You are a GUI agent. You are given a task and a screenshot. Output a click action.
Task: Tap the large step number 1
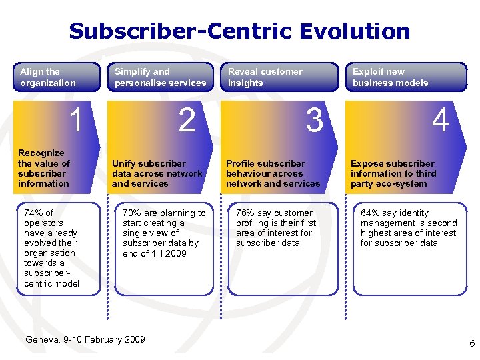pyautogui.click(x=77, y=121)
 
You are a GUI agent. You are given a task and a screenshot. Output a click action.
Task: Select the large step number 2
pyautogui.click(x=187, y=121)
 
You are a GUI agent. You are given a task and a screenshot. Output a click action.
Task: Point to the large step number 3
pyautogui.click(x=314, y=121)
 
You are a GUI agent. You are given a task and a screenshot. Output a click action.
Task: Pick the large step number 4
pyautogui.click(x=440, y=121)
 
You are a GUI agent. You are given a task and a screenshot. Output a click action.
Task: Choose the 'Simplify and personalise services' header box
pyautogui.click(x=160, y=77)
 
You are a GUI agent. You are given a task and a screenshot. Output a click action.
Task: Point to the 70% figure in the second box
pyautogui.click(x=132, y=213)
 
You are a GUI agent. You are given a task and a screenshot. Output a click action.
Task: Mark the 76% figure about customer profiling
pyautogui.click(x=245, y=213)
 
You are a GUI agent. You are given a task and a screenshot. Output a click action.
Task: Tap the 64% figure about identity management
pyautogui.click(x=370, y=213)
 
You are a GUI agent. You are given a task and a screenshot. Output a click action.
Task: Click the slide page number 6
pyautogui.click(x=472, y=344)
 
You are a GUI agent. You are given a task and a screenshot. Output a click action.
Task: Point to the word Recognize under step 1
pyautogui.click(x=41, y=153)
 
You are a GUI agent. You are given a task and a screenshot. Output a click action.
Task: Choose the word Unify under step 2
pyautogui.click(x=124, y=163)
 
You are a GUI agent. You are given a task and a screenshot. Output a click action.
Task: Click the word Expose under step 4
pyautogui.click(x=367, y=163)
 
